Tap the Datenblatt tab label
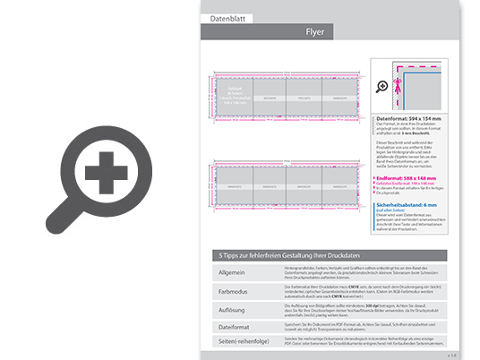pos(226,18)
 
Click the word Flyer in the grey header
pos(315,32)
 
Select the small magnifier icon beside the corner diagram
pos(382,87)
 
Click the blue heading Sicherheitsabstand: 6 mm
pos(407,204)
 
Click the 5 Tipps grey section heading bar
pos(326,255)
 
